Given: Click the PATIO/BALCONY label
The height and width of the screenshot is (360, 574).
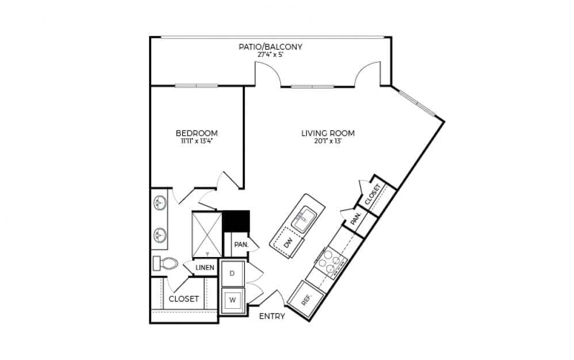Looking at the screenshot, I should (x=270, y=47).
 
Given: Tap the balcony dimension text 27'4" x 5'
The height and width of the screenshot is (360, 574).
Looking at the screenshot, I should (x=270, y=55).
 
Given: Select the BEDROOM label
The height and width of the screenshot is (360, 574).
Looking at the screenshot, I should (x=197, y=133).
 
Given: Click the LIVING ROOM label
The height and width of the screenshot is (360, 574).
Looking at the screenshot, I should (x=328, y=133).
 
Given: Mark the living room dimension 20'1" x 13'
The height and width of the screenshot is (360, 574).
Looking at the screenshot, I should (x=328, y=141).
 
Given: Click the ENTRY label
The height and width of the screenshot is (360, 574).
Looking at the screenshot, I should (x=272, y=316).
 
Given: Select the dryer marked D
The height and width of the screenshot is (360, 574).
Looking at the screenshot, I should (x=232, y=273).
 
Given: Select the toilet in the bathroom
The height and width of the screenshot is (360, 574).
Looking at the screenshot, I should (x=165, y=264).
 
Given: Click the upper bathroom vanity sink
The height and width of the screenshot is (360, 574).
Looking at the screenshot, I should (x=159, y=202).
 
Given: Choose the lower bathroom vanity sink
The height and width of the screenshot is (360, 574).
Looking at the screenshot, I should (x=159, y=235).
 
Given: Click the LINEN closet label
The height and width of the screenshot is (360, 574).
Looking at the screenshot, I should (x=205, y=267).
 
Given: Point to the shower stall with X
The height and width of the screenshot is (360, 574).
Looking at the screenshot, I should (x=206, y=234).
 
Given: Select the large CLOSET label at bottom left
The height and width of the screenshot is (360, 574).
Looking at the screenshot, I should (x=183, y=299).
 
